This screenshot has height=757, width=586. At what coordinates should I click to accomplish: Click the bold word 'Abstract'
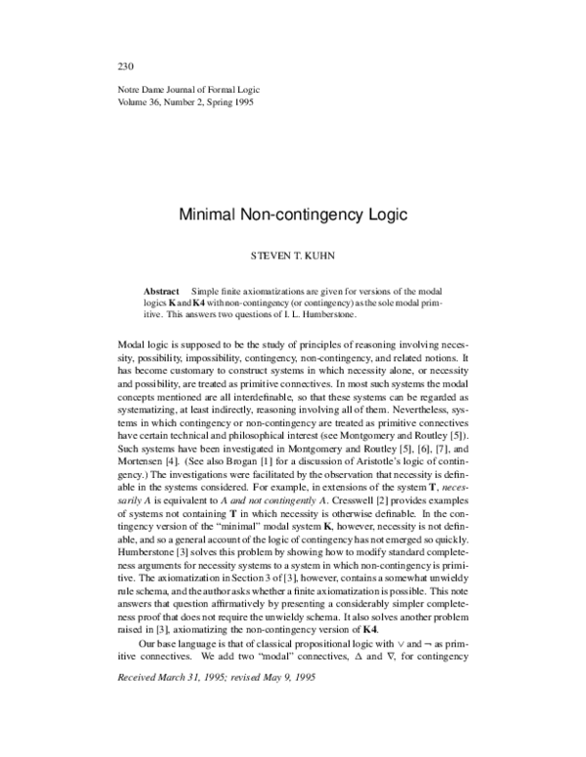(x=161, y=292)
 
